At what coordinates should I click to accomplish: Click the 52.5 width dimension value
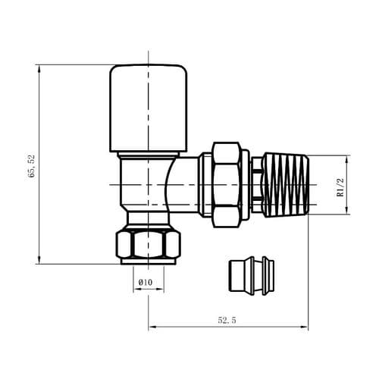(227, 321)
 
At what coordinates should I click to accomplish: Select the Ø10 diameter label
(146, 283)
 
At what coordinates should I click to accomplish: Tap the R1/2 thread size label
(341, 186)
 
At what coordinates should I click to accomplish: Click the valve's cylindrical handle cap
(149, 108)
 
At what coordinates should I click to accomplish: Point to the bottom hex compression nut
(149, 245)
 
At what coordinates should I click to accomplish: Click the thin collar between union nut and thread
(256, 185)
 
